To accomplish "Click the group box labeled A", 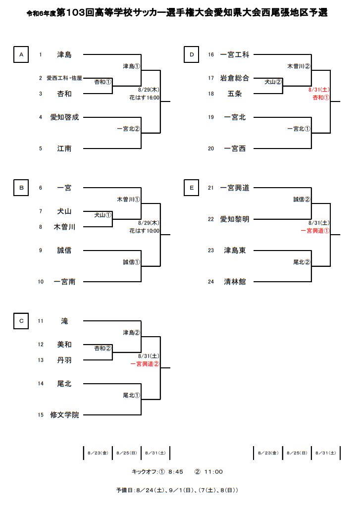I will (21, 55).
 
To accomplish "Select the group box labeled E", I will (191, 188).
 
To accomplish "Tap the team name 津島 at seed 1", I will (64, 54).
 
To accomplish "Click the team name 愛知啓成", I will (64, 117).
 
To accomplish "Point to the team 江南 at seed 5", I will (64, 148).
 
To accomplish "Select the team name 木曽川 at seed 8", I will (64, 227).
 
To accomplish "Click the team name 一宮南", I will (64, 282).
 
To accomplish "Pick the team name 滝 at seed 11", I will (64, 321).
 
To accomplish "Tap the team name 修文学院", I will (64, 415).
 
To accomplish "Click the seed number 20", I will (210, 149).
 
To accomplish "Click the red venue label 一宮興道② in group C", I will (145, 363).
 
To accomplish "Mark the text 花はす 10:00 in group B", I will (144, 231).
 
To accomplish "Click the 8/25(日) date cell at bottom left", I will (127, 453).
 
